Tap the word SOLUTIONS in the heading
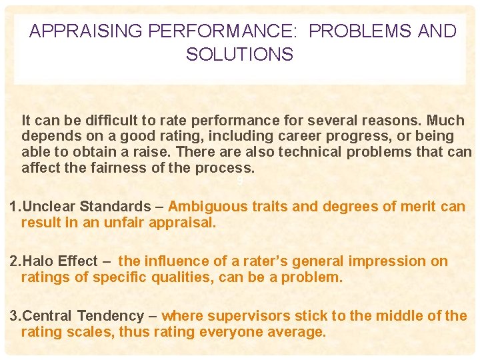click(x=239, y=55)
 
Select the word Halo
click(x=37, y=261)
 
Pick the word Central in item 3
click(x=47, y=316)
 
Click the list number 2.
click(x=14, y=261)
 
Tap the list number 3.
click(x=14, y=316)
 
